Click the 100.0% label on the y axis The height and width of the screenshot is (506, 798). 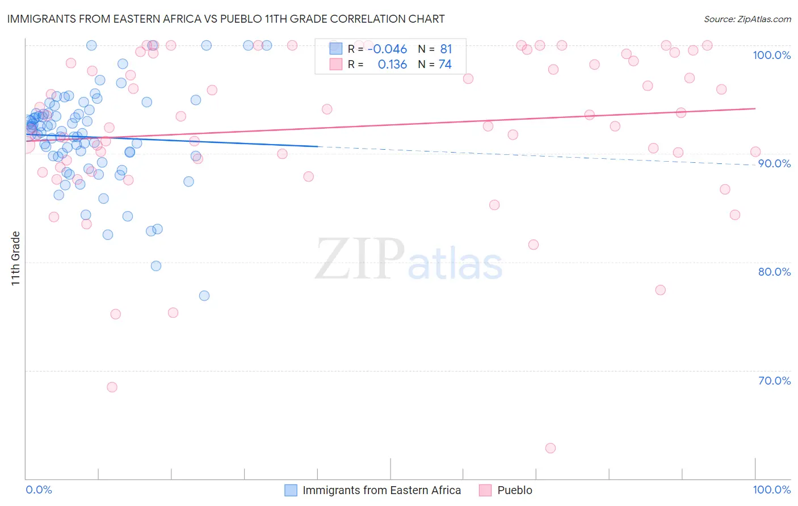tap(771, 55)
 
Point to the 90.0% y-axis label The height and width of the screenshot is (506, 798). tap(774, 163)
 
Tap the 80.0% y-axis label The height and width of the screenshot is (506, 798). tap(774, 272)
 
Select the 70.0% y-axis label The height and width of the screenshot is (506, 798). tap(774, 381)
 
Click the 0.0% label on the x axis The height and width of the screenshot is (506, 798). tap(39, 490)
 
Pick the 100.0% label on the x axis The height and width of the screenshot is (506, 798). tap(771, 490)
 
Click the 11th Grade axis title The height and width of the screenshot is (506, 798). tap(15, 258)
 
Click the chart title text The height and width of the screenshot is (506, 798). tap(226, 19)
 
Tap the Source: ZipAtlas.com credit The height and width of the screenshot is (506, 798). tap(747, 19)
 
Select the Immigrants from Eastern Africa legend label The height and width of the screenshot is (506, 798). tap(381, 490)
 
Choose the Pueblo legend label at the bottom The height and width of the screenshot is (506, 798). tap(515, 490)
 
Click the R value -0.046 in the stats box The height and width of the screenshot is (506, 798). tap(387, 49)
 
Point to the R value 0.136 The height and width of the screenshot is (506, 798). tap(392, 65)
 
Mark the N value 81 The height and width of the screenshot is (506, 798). tap(446, 49)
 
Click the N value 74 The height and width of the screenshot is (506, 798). tap(445, 65)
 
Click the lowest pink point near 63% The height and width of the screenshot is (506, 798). tap(550, 448)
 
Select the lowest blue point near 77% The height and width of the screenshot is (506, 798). tap(204, 296)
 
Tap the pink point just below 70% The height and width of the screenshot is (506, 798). tap(112, 387)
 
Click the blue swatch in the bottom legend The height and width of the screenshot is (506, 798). tap(291, 490)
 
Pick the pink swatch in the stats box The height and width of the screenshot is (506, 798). tap(336, 64)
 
